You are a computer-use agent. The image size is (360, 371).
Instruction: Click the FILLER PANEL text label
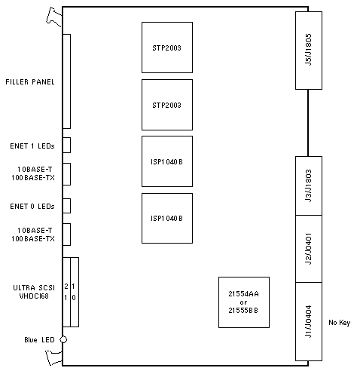coord(30,82)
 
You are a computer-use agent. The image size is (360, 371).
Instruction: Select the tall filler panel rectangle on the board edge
coord(66,81)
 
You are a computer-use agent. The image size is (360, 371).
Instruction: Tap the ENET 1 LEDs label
coord(32,146)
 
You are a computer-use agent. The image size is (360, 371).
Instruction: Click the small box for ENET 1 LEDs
coord(66,145)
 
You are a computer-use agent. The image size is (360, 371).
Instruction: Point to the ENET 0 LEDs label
coord(32,207)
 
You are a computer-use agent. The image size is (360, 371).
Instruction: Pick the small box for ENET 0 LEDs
coord(66,206)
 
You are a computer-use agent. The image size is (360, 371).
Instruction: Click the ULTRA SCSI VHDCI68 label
coord(34,292)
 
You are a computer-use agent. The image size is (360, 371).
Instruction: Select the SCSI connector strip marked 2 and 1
coord(66,292)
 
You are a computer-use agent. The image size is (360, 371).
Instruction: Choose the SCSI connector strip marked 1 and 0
coord(75,292)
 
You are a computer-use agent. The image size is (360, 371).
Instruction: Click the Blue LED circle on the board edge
coord(63,339)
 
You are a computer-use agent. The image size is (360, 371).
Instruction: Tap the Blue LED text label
coord(39,340)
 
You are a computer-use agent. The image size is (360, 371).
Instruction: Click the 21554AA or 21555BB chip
coord(244,302)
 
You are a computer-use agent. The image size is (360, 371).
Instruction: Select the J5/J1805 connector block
coord(309,51)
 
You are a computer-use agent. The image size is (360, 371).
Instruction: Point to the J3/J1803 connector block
coord(309,185)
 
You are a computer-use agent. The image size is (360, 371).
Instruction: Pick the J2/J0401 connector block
coord(309,249)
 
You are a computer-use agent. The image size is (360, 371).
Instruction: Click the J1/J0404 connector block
coord(309,321)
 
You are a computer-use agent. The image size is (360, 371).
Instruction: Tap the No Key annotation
coord(340,323)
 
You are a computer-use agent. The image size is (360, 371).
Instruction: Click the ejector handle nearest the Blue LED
coord(54,357)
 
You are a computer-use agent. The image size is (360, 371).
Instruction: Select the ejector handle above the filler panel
coord(54,17)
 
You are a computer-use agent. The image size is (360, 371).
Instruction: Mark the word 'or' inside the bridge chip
coord(243,302)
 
